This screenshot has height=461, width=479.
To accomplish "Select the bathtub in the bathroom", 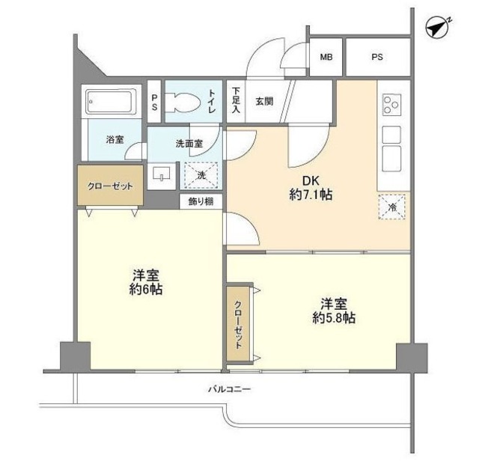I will point(110,101).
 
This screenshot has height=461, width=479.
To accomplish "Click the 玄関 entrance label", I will point(263,101).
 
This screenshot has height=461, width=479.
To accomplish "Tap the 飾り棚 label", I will point(201,201).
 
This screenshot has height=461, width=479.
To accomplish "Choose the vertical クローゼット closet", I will point(238,321).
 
